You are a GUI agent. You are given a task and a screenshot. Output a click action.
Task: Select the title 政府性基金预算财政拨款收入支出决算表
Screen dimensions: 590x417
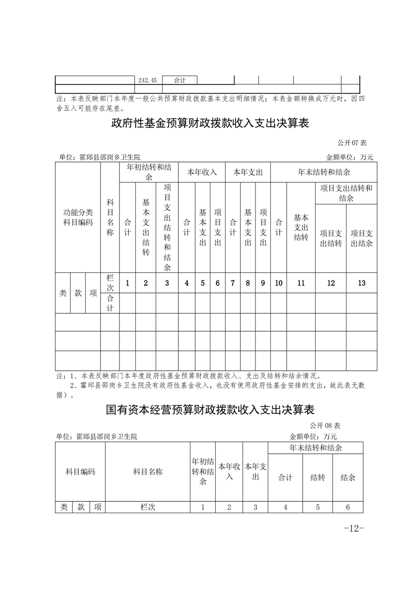click(209, 124)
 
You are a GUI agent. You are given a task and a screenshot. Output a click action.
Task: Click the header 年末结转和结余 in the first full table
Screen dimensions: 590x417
click(324, 172)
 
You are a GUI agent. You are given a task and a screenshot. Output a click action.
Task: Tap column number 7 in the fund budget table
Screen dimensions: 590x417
click(232, 283)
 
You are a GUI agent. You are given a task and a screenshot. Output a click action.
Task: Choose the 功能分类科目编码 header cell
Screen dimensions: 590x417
click(78, 217)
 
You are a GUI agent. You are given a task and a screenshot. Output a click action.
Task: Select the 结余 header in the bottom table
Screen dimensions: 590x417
click(348, 477)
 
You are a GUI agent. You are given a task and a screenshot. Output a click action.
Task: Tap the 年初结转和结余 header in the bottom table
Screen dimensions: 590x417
click(203, 472)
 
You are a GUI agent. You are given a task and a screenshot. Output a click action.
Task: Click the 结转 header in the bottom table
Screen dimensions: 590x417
click(318, 477)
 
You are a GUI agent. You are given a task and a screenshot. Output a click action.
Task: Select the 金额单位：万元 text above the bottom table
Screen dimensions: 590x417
click(313, 436)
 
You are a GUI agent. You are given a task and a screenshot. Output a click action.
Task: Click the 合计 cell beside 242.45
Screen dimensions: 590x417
click(180, 80)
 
